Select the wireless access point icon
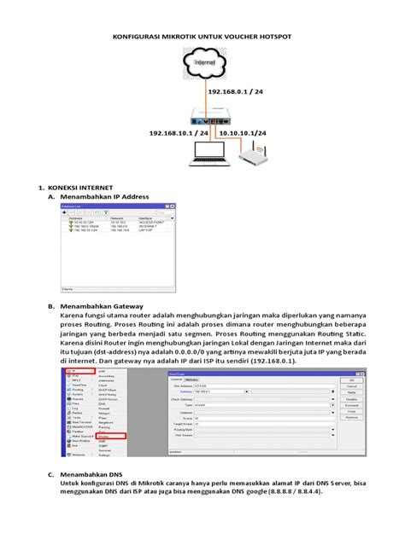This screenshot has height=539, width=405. [253, 157]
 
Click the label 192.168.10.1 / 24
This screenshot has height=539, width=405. [178, 134]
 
